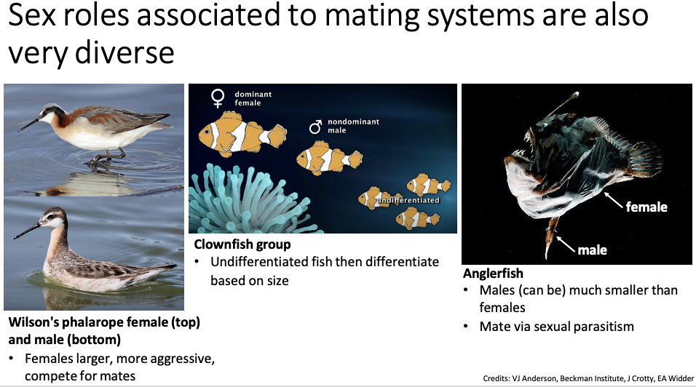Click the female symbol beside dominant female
[218, 98]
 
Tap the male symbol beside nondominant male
[315, 127]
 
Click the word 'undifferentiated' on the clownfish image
[408, 200]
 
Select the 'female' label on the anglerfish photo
[646, 207]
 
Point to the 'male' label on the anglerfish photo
[592, 250]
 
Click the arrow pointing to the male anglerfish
[566, 244]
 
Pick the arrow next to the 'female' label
[614, 200]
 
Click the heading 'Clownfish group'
[242, 244]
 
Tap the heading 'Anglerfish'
[493, 273]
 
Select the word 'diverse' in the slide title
[124, 53]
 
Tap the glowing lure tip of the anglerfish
[576, 95]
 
